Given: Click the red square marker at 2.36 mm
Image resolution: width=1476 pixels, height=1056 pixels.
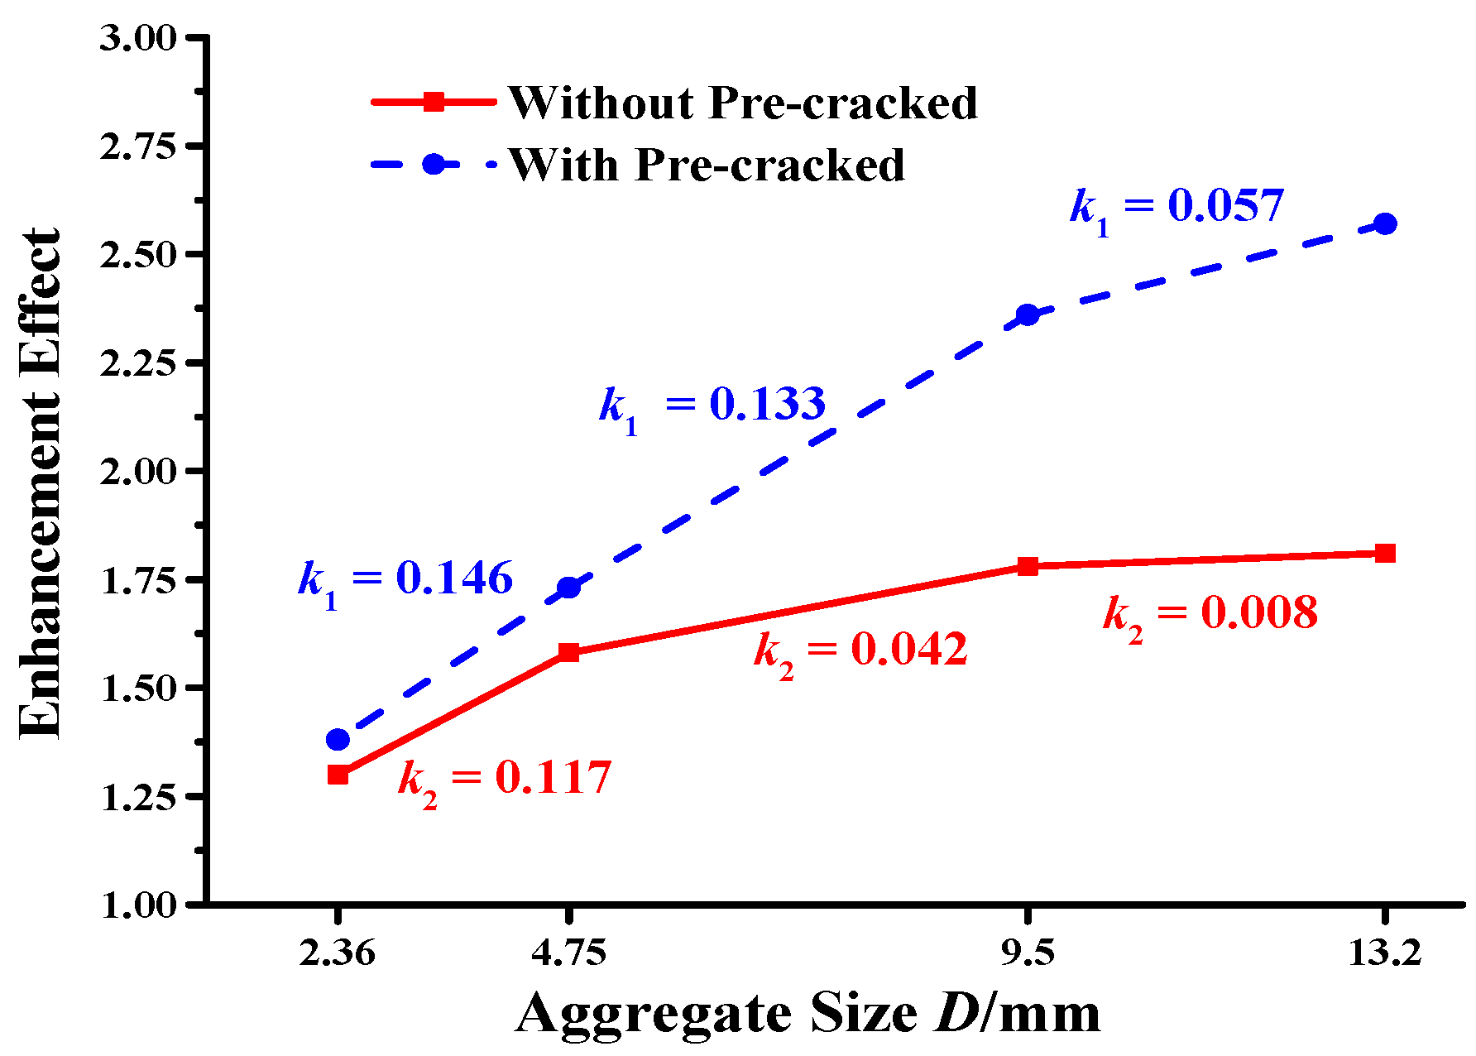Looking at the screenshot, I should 338,775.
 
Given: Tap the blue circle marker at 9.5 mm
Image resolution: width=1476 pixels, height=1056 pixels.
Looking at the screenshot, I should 1028,314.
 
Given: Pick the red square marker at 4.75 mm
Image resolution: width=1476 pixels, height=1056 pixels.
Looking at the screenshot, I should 568,652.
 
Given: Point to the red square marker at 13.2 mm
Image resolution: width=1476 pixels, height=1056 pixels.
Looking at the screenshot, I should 1385,553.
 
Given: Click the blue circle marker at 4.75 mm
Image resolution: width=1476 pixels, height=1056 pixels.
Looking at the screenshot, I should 568,588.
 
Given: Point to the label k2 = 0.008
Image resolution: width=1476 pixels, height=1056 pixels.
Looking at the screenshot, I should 1210,614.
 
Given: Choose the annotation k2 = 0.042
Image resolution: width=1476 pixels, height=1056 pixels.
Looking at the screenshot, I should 860,650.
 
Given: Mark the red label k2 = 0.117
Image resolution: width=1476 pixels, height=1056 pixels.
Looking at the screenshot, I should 505,780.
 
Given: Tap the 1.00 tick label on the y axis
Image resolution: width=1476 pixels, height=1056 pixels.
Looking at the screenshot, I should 138,905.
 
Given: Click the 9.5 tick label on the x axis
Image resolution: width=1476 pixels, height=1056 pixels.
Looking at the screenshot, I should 1028,953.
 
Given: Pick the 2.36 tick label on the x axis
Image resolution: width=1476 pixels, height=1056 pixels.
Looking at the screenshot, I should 338,953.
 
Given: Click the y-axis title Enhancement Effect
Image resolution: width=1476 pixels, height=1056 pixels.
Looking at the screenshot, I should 40,483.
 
